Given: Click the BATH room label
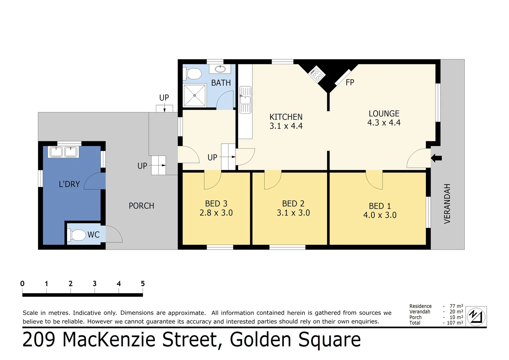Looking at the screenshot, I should [x=221, y=83].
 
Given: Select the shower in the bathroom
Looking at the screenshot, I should [x=195, y=95].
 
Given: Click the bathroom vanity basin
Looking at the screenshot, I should [x=220, y=69].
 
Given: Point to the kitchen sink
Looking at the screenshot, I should [x=246, y=100].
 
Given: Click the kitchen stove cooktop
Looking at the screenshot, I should [x=316, y=74].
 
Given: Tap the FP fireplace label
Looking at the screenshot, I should [x=350, y=82].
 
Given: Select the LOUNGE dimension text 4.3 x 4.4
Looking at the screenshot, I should [x=384, y=123].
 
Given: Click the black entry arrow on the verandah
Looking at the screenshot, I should [x=436, y=158].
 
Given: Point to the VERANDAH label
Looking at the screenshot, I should [x=447, y=203].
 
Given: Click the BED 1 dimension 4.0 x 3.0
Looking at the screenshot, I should [x=380, y=215].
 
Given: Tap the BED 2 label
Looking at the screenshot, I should [x=293, y=204].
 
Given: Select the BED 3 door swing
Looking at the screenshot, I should [x=212, y=180].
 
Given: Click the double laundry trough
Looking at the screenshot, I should [x=63, y=152].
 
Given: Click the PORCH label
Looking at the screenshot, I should [x=141, y=206].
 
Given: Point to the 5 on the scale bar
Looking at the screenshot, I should [x=143, y=284].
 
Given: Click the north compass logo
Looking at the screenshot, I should [x=476, y=316].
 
